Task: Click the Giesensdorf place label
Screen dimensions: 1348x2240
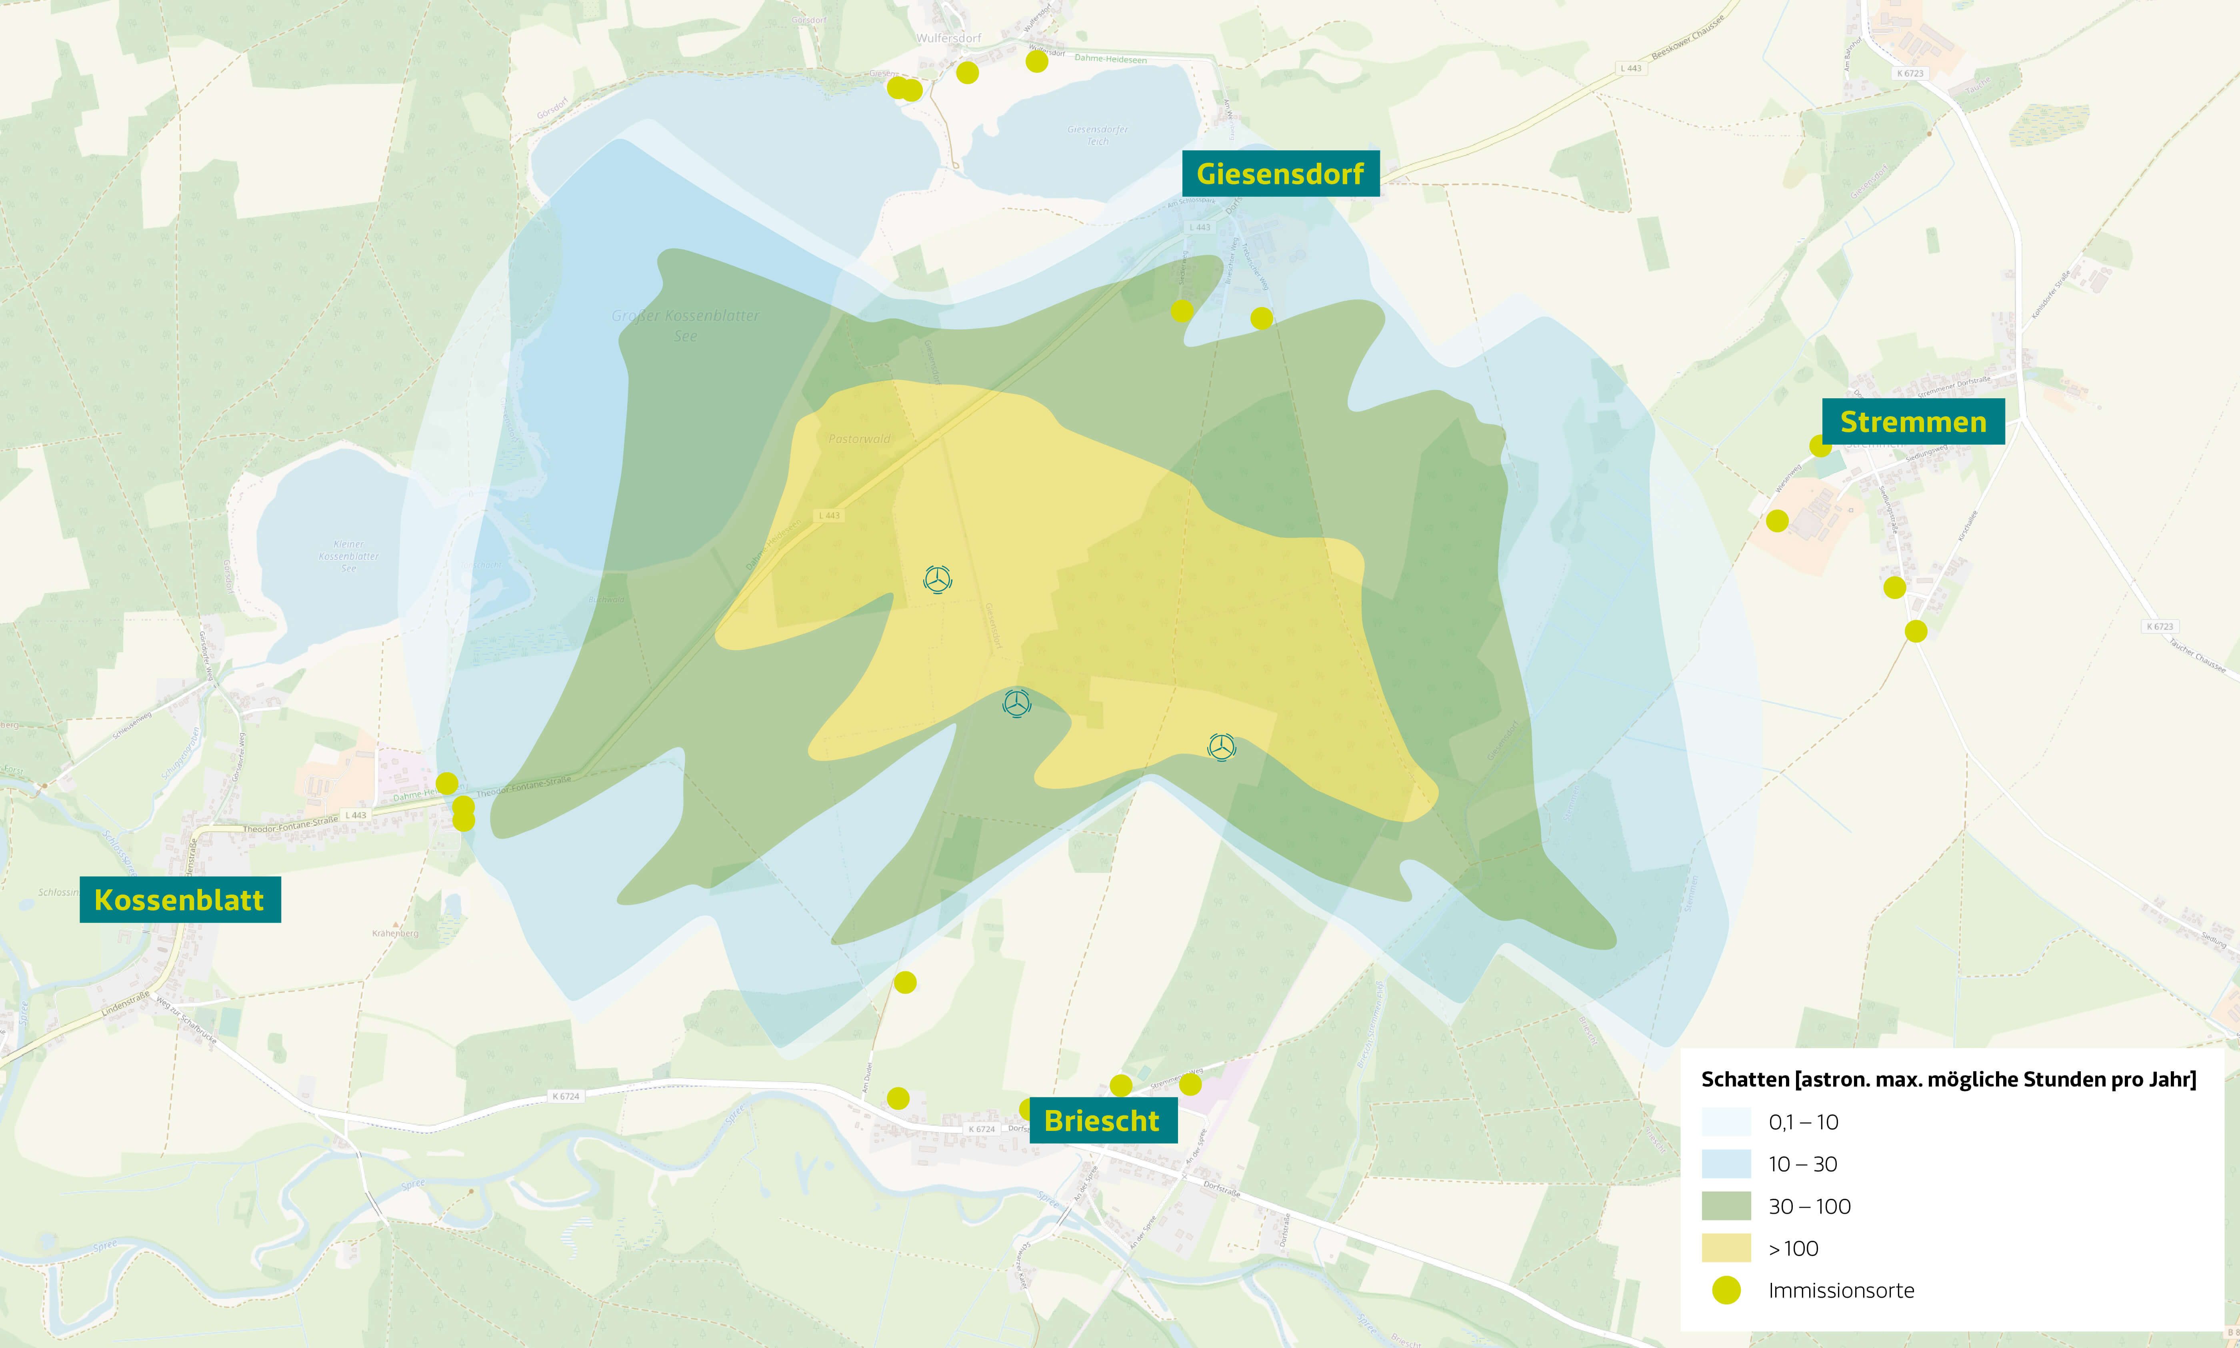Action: click(1280, 174)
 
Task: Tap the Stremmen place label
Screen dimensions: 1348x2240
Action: click(1913, 421)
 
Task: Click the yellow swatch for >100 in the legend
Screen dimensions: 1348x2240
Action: click(1726, 1248)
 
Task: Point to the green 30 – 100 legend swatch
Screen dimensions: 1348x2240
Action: click(1726, 1206)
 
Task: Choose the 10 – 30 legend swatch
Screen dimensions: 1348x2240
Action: click(1726, 1164)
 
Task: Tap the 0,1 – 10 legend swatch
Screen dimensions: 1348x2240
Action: click(1726, 1122)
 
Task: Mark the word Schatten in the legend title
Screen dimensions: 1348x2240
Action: click(1744, 1079)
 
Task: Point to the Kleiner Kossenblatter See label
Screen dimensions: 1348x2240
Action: click(349, 556)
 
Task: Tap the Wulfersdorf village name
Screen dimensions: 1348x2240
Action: click(949, 38)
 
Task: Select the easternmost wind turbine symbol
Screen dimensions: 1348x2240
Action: click(1222, 747)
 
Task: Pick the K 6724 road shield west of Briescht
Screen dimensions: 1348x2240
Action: click(565, 1096)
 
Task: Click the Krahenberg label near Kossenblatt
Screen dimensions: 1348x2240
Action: click(395, 933)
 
